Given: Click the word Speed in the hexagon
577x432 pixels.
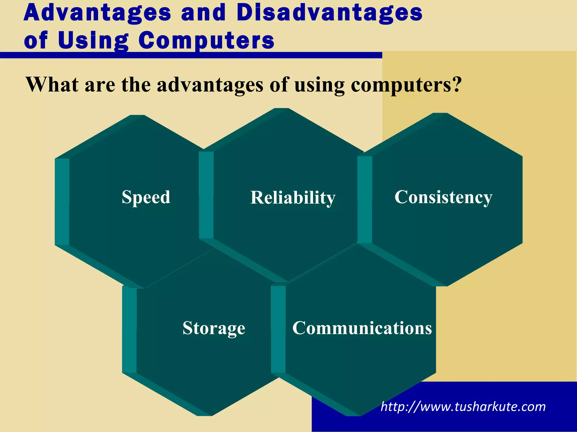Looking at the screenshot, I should click(x=146, y=197).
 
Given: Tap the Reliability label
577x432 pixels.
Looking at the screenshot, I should click(x=293, y=197).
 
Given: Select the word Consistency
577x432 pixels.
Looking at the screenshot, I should click(x=443, y=197).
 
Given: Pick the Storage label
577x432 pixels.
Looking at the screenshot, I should click(x=214, y=328).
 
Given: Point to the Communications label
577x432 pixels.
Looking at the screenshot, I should click(x=362, y=328).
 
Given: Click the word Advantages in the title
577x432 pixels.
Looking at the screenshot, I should click(x=97, y=13).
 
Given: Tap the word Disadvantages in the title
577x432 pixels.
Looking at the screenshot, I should click(x=329, y=13).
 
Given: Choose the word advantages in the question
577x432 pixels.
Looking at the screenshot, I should click(x=210, y=85).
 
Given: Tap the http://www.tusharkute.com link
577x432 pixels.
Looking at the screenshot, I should click(x=463, y=407).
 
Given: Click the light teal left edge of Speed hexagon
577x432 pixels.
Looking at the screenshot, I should click(x=62, y=201).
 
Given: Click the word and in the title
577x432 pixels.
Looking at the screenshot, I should click(x=203, y=13).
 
